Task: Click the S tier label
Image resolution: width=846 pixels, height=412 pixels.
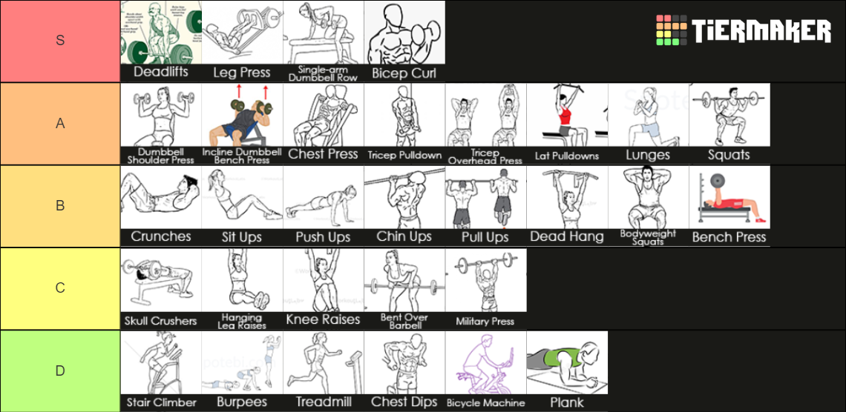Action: tap(60, 41)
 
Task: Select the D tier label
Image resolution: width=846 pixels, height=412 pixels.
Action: tap(60, 371)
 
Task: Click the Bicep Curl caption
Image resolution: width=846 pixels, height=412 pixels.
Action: tap(404, 73)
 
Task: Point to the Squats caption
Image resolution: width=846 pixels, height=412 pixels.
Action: tap(729, 155)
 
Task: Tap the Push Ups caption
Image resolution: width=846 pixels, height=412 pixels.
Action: tap(323, 237)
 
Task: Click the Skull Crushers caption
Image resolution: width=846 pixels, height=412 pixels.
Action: tap(161, 321)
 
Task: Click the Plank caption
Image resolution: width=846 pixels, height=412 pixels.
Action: tap(567, 402)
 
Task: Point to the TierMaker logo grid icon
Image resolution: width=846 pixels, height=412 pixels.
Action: tap(671, 30)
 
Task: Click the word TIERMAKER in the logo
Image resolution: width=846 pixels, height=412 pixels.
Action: tap(761, 31)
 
